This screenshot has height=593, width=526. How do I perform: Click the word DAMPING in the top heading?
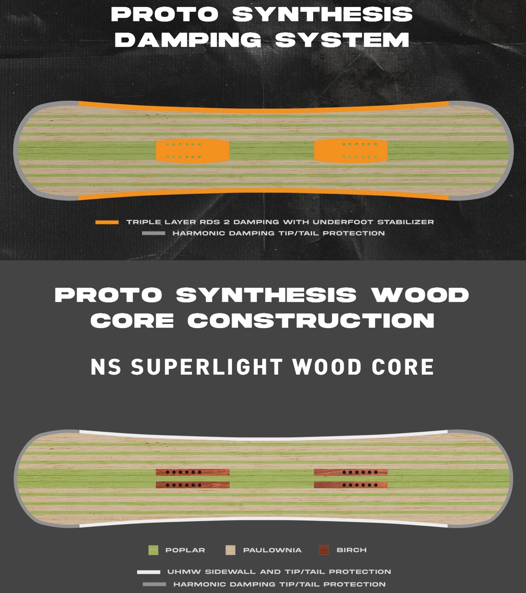point(188,40)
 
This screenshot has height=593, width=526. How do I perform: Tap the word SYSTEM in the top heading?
point(342,40)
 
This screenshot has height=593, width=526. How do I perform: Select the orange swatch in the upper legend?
point(107,222)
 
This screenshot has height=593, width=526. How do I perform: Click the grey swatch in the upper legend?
point(153,233)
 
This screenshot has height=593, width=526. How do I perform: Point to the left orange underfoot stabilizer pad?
point(192,150)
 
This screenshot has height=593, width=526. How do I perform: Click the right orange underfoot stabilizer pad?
point(351,150)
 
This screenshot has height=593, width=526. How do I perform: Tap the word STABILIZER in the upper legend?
point(405,222)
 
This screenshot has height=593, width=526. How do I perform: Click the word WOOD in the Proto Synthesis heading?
point(420,295)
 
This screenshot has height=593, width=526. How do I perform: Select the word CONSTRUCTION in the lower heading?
point(311,321)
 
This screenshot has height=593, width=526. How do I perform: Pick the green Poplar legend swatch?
point(153,550)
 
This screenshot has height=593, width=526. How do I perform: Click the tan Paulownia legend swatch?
point(231,550)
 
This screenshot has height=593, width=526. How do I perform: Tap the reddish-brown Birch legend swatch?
point(324,550)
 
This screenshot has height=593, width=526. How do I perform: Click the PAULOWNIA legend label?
point(272,550)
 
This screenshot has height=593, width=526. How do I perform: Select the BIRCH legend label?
point(351,550)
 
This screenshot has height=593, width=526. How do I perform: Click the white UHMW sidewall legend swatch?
point(148,572)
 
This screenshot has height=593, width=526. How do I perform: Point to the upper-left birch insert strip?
point(192,472)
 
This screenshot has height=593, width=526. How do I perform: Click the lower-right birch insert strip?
point(351,485)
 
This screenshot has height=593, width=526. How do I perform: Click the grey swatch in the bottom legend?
point(154,584)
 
